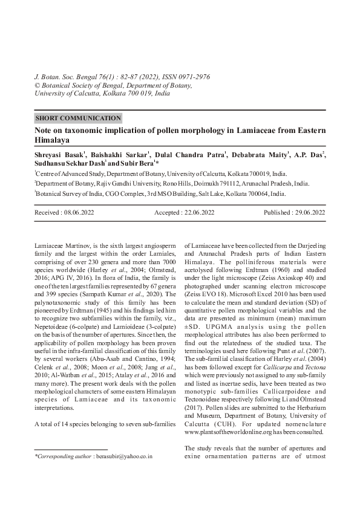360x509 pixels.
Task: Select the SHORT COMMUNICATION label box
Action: [78, 118]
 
